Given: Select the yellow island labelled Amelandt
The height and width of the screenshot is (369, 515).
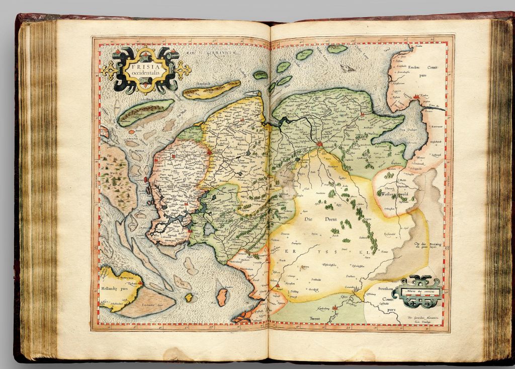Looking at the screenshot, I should pyautogui.click(x=211, y=90).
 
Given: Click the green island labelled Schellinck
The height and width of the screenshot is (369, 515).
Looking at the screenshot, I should pyautogui.click(x=144, y=112).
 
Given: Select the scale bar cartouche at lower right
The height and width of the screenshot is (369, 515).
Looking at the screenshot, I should pyautogui.click(x=417, y=292).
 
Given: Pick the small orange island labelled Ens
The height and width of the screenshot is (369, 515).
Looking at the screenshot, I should pyautogui.click(x=222, y=297).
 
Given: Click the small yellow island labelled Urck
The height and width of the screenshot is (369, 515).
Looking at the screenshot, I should pyautogui.click(x=189, y=298).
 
